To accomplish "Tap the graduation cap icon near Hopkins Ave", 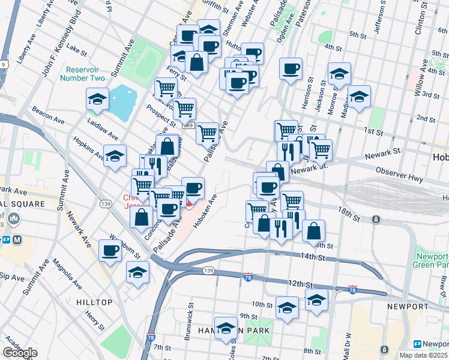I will [115, 157].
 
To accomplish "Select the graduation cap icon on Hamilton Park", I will [227, 328].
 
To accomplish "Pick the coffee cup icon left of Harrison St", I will [291, 69].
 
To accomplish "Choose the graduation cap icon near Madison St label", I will [360, 97].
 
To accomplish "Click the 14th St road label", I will [313, 257].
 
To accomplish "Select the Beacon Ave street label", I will [49, 113].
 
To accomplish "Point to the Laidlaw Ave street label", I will [87, 127].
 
